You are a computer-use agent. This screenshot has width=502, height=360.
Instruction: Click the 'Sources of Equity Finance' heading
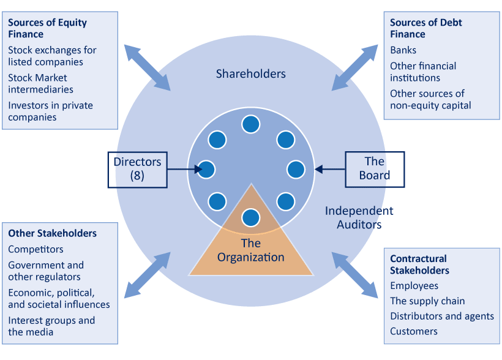[47, 28]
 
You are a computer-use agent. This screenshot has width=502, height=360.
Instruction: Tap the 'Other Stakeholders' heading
[52, 233]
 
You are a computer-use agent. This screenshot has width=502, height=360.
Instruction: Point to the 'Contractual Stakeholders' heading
[418, 264]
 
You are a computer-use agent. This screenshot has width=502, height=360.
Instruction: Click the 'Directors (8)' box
[137, 169]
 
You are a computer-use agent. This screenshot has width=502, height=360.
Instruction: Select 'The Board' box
[375, 168]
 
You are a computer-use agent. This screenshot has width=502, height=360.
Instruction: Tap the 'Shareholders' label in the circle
[250, 74]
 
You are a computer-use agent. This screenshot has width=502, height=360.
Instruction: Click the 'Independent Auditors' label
[359, 217]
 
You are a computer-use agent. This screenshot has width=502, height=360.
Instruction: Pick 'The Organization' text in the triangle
[250, 250]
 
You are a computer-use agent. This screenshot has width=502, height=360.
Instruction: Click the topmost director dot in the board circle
[250, 124]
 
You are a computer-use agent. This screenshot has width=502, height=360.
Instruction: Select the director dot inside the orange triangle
[250, 217]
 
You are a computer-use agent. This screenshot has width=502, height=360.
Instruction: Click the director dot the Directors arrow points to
[206, 169]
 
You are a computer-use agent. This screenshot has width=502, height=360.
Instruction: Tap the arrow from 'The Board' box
[330, 169]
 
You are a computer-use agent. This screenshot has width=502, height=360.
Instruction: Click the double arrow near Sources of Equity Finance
[147, 67]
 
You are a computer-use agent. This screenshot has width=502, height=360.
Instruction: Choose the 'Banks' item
[403, 50]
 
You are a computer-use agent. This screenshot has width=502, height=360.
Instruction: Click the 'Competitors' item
[36, 249]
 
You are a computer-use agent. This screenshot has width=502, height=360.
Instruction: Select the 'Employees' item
[414, 285]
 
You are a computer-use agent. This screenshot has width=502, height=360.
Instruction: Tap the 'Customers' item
[414, 331]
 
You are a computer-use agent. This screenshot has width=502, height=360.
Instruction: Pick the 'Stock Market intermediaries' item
[40, 83]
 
